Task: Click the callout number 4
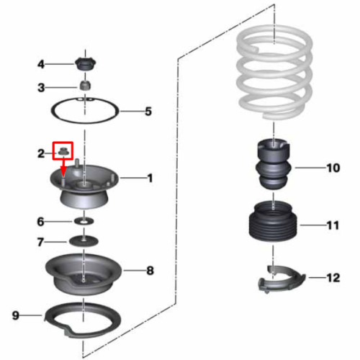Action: (41, 64)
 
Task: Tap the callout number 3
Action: (41, 88)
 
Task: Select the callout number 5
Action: (148, 112)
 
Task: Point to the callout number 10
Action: (333, 168)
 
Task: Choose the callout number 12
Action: (333, 278)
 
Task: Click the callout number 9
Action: (16, 315)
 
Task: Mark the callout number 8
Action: (150, 271)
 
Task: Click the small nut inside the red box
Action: (63, 151)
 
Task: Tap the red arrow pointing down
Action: (63, 168)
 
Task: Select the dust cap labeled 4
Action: (85, 64)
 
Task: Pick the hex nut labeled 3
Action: (85, 86)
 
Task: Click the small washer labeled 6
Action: (84, 221)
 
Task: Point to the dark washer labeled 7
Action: (84, 241)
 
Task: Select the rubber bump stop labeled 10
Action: (273, 164)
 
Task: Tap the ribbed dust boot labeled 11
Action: (273, 222)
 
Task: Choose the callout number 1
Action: (150, 178)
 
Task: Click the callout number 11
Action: (333, 225)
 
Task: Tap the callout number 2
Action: (41, 153)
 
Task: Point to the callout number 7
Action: (40, 242)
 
